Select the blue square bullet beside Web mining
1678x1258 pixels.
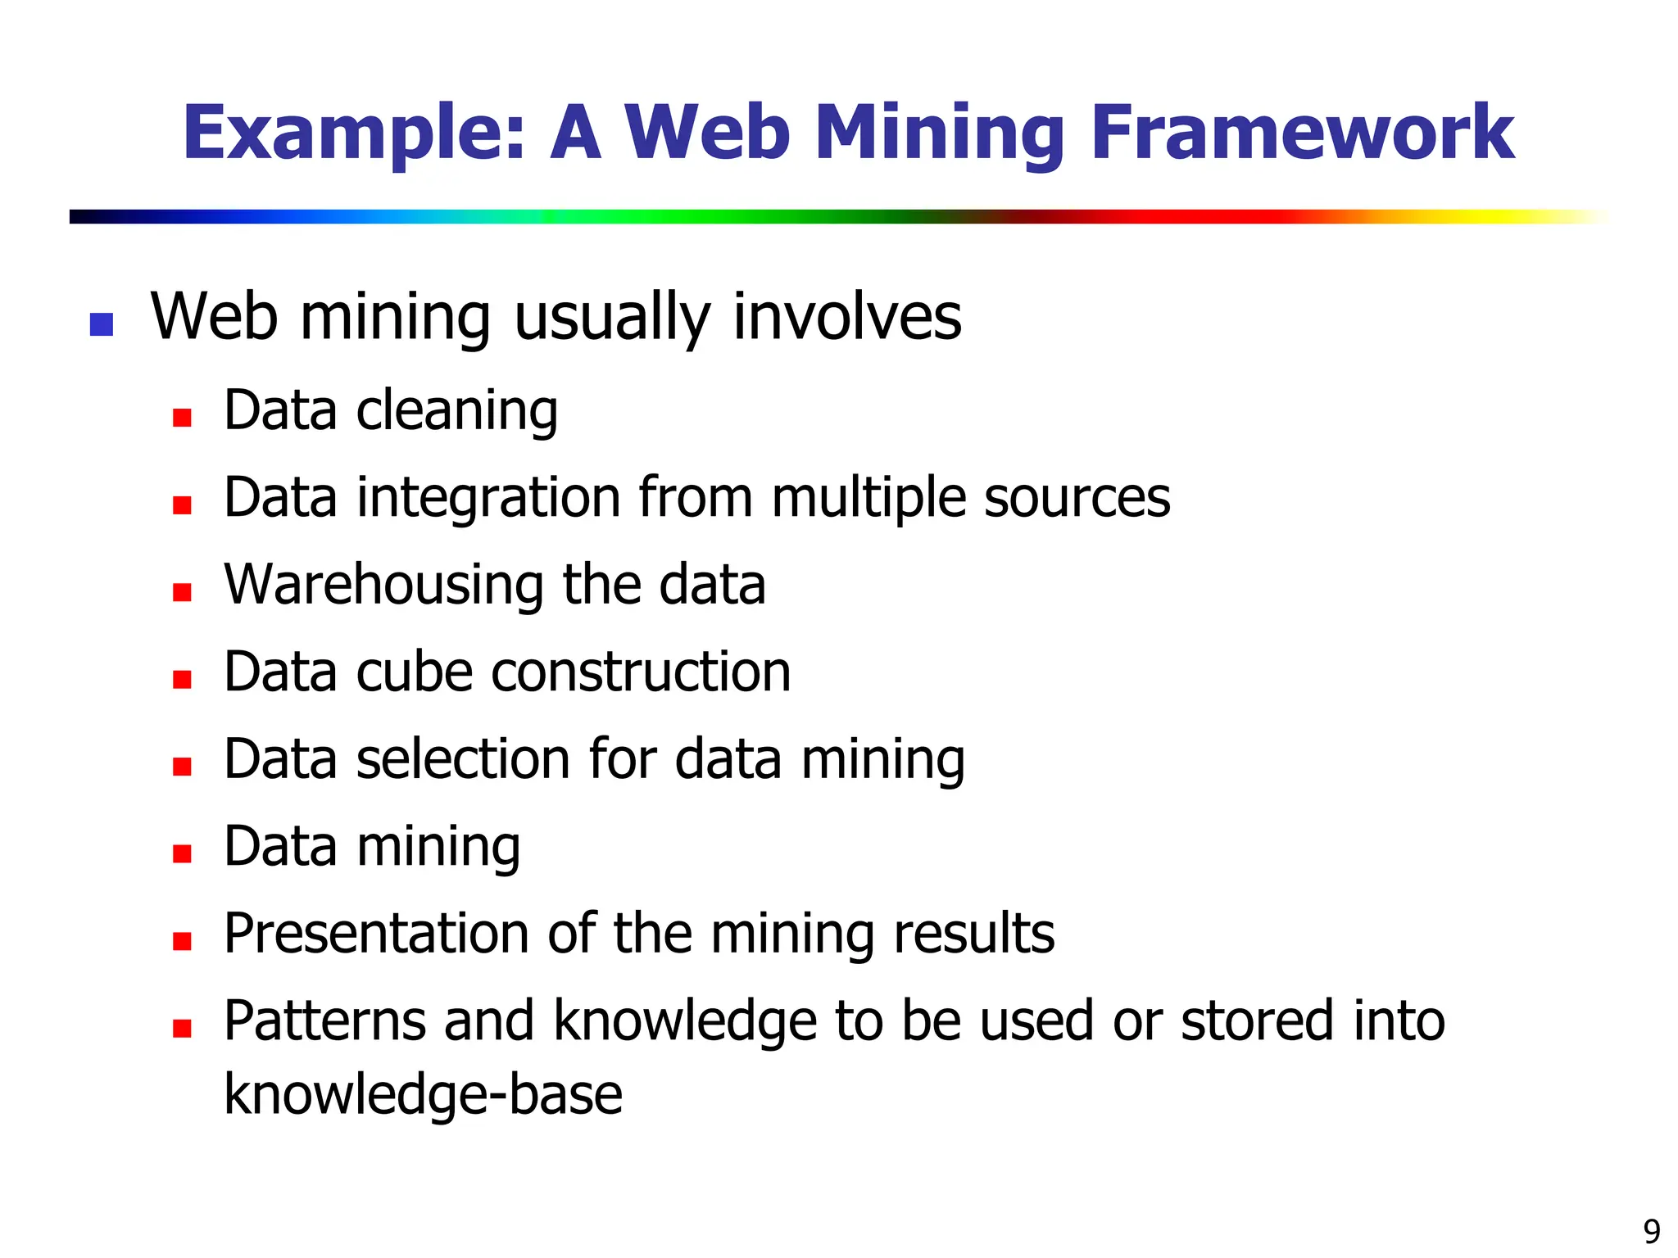(x=101, y=324)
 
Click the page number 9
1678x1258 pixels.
(x=1652, y=1231)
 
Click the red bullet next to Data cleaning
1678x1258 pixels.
(x=182, y=418)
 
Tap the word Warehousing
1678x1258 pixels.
(x=383, y=585)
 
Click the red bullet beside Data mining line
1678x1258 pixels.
(x=182, y=854)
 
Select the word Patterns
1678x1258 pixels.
(x=324, y=1021)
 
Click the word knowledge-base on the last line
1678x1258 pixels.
(x=423, y=1095)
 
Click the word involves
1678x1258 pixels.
(x=846, y=318)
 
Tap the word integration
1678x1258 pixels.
(x=488, y=498)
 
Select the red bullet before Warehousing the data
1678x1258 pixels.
(x=182, y=592)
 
